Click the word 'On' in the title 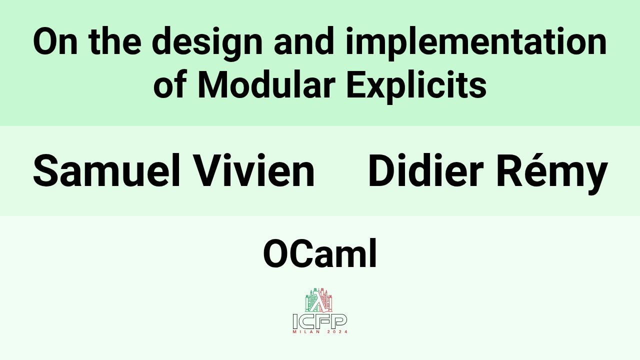point(55,42)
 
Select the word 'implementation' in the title point(476,43)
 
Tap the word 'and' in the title point(304,42)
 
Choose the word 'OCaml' point(320,254)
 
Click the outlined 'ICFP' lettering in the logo point(320,321)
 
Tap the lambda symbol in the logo point(319,301)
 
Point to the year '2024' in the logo point(336,332)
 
